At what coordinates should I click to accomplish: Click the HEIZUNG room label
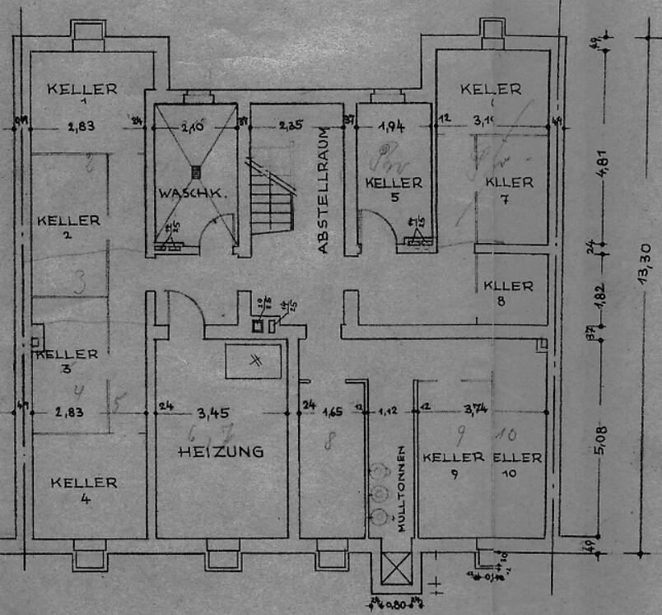[x=221, y=451]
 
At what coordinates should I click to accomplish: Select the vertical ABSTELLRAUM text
[x=324, y=190]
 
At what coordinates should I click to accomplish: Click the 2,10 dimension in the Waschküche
[x=196, y=126]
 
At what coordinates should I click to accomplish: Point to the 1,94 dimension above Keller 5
[x=392, y=126]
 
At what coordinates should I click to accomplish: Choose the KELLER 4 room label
[x=84, y=489]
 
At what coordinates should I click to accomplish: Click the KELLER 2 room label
[x=69, y=226]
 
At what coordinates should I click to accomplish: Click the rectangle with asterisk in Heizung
[x=254, y=361]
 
